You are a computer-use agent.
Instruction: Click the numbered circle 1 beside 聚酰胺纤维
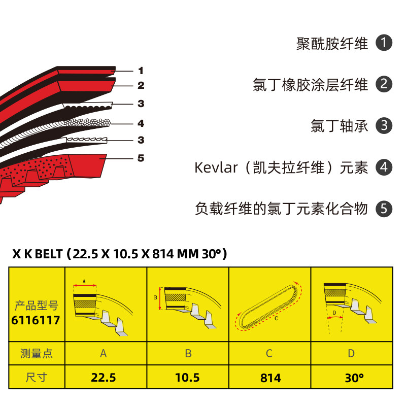pos(384,43)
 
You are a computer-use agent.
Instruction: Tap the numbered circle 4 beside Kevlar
pos(384,167)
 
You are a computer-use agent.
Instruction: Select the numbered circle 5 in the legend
pos(384,209)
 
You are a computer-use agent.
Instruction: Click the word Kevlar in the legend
pos(216,167)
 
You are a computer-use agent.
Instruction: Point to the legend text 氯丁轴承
pos(339,126)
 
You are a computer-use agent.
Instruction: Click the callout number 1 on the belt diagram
pos(141,71)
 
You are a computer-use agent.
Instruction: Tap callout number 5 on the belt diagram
pos(141,158)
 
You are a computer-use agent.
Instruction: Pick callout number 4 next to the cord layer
pos(141,123)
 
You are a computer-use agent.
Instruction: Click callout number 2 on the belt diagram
pos(141,86)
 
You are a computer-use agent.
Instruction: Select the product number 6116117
pos(36,320)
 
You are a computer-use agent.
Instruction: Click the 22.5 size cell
pos(104,378)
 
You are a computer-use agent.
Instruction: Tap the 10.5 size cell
pos(187,378)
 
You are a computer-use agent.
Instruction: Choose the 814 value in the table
pos(270,378)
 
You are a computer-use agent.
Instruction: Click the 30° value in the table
pos(351,378)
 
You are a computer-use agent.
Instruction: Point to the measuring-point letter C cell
pos(269,353)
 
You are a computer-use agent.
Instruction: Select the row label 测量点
pos(36,353)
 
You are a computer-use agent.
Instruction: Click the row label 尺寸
pos(36,378)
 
